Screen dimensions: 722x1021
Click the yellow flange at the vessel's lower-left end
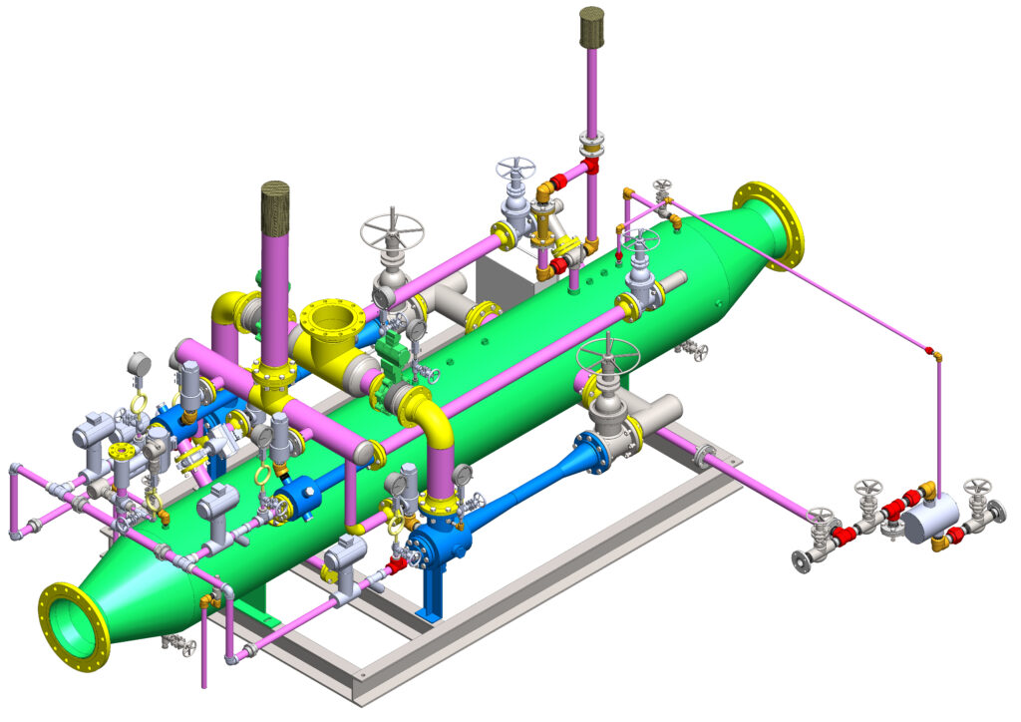click(x=74, y=625)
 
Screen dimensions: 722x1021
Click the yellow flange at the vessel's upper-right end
click(x=769, y=225)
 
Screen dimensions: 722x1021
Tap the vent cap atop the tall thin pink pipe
click(x=592, y=28)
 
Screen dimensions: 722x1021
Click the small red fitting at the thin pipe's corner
click(x=929, y=351)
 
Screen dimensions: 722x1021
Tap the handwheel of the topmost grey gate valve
click(x=515, y=168)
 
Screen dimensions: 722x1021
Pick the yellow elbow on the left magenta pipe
click(x=225, y=308)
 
